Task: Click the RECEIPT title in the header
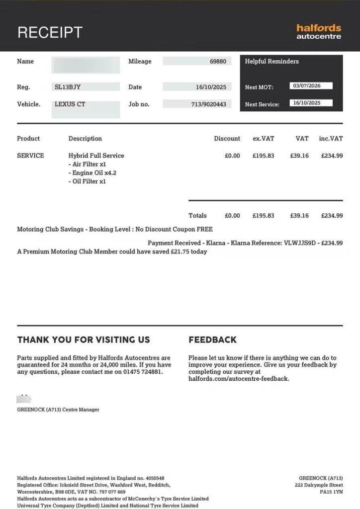[50, 32]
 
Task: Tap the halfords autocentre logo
[319, 32]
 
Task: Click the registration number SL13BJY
[68, 87]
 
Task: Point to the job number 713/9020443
[209, 104]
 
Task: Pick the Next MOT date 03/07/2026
[307, 86]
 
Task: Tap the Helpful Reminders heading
[272, 61]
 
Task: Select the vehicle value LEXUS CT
[70, 104]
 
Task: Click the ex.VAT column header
[263, 139]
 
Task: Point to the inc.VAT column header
[331, 139]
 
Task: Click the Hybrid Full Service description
[96, 156]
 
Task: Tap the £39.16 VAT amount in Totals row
[299, 216]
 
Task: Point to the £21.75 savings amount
[172, 252]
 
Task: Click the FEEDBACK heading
[212, 340]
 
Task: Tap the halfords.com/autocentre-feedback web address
[239, 379]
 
